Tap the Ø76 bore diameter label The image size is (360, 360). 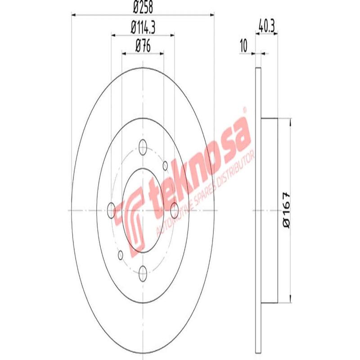coord(143,45)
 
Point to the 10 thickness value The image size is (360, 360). coord(244,45)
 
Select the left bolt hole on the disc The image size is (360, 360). coord(112,208)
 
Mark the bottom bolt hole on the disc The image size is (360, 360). coord(143,270)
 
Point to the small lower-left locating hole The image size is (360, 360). coord(120,255)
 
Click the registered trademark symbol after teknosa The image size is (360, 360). coord(245,109)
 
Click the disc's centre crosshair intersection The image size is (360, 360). coord(143,210)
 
